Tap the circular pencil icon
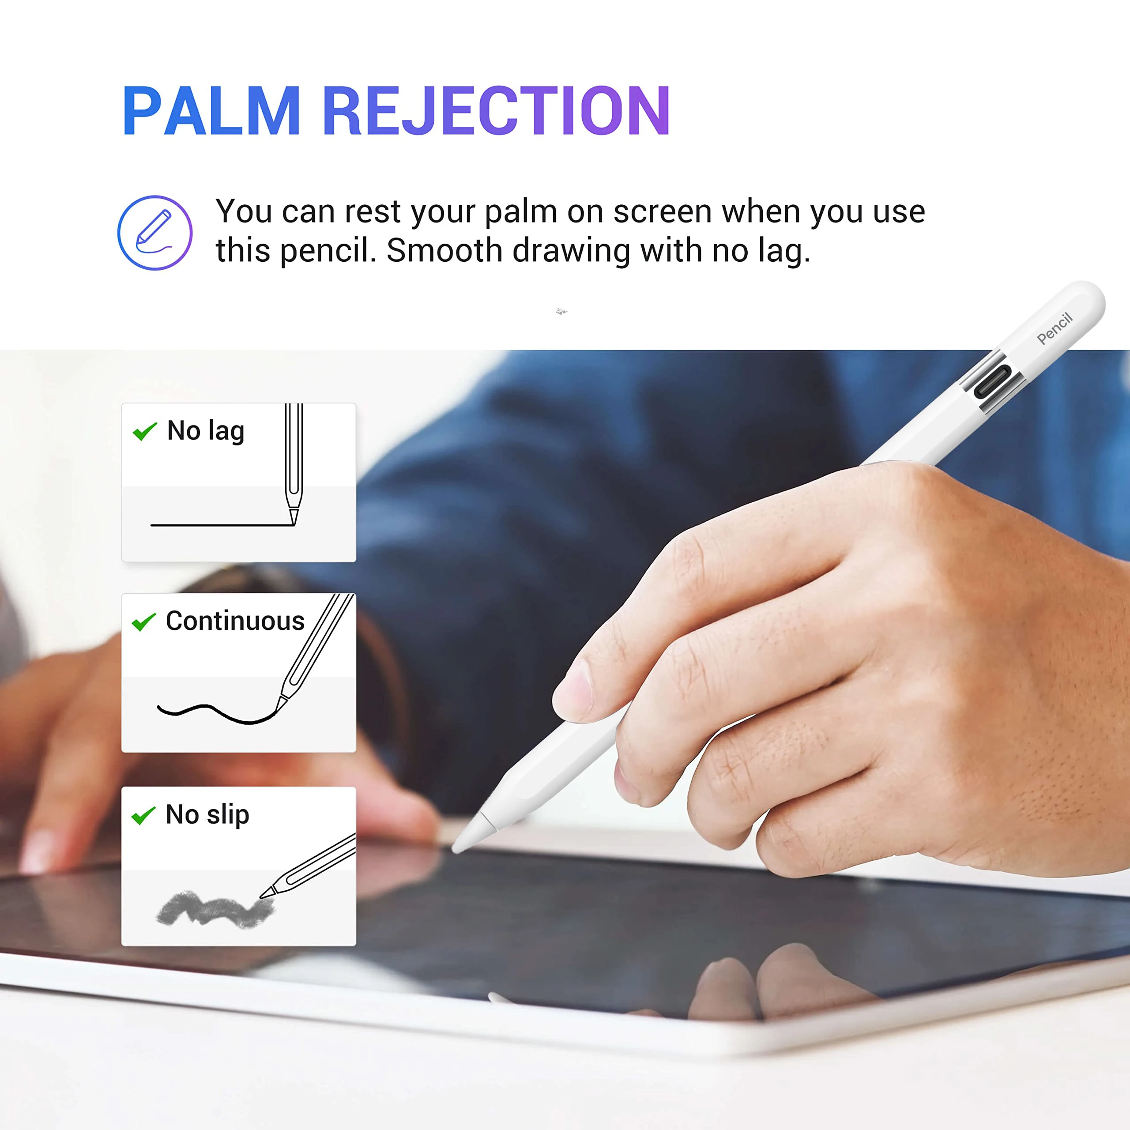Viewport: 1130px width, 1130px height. pos(155,232)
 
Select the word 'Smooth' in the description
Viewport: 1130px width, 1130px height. pos(444,250)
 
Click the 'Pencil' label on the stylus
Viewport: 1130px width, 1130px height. pos(1055,328)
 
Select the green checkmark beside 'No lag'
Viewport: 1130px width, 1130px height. pos(144,431)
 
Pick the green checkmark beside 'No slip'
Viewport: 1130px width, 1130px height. pos(143,815)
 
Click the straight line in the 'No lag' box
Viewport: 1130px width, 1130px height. pos(222,525)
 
